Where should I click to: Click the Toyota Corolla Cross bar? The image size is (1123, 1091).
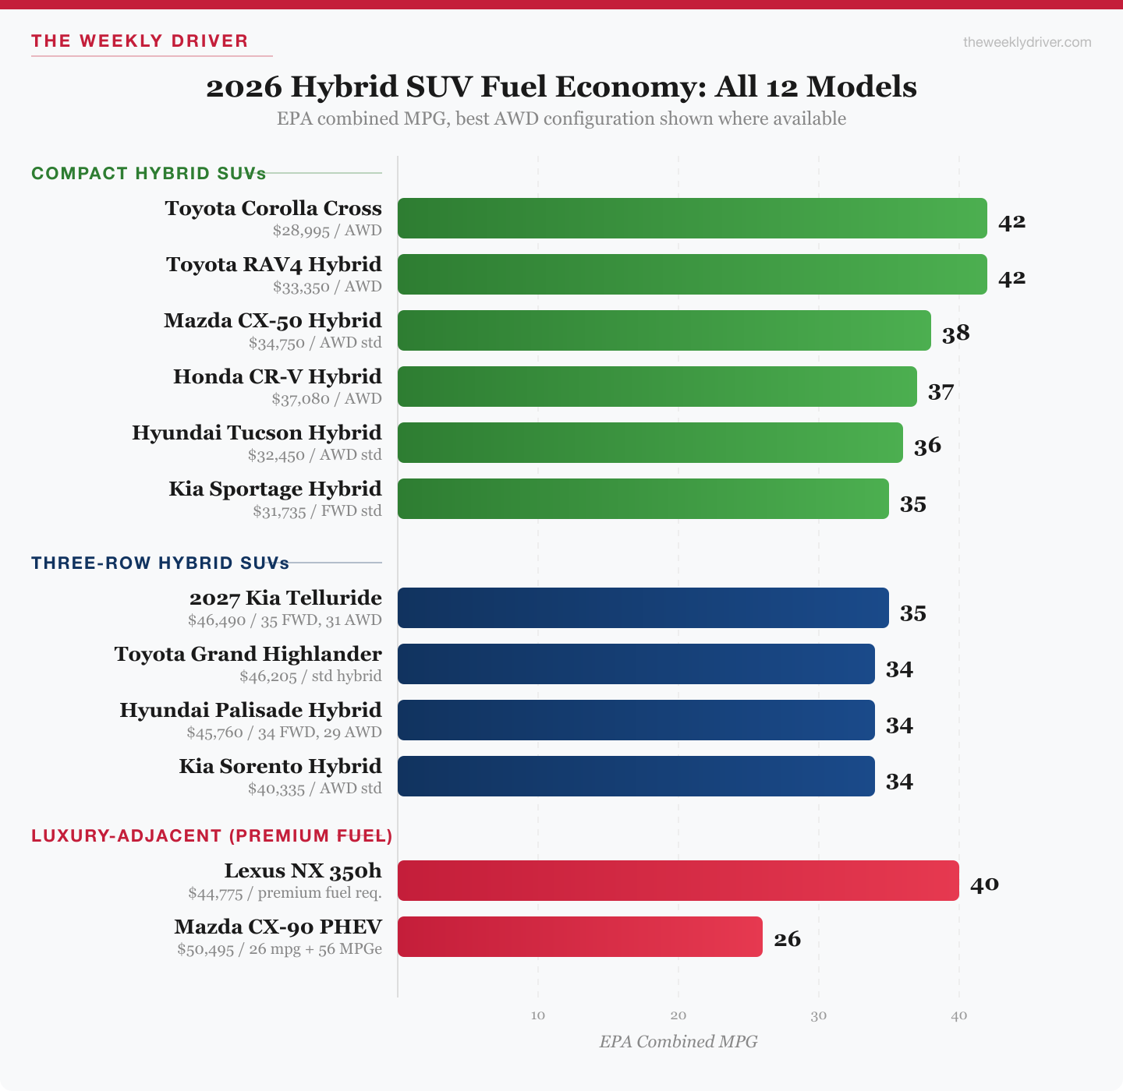tap(692, 218)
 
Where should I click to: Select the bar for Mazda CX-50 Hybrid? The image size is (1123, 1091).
tap(664, 330)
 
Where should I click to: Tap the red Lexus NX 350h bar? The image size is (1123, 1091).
tap(678, 881)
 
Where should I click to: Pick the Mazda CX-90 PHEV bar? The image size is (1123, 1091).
tap(579, 937)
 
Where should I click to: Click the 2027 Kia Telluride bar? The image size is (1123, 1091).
tap(643, 608)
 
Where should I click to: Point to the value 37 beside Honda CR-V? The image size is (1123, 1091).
tap(941, 391)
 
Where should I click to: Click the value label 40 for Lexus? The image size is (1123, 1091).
tap(984, 884)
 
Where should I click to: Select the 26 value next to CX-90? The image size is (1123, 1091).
tap(787, 939)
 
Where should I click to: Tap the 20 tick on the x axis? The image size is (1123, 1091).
tap(678, 1015)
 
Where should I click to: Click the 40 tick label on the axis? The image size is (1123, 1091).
tap(959, 1015)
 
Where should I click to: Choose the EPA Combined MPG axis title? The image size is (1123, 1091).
tap(678, 1042)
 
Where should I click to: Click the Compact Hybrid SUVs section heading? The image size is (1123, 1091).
tap(148, 173)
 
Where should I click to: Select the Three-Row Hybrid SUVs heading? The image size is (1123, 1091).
tap(160, 563)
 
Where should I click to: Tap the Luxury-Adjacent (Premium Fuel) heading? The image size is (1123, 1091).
tap(211, 835)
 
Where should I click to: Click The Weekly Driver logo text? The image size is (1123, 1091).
tap(140, 41)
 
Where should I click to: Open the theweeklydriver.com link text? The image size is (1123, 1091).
tap(1027, 42)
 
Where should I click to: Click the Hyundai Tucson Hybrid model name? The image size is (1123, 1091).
tap(257, 433)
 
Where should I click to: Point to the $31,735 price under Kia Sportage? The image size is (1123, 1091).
tap(279, 511)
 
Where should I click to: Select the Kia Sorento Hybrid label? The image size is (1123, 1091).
tap(280, 766)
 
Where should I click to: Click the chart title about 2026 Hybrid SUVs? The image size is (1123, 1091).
tap(561, 87)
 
